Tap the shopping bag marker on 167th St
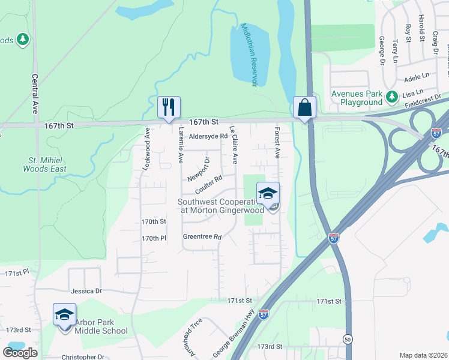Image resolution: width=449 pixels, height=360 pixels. pyautogui.click(x=305, y=107)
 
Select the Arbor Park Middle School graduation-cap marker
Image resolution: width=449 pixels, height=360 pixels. pyautogui.click(x=65, y=314)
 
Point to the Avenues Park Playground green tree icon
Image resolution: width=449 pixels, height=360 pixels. pyautogui.click(x=392, y=95)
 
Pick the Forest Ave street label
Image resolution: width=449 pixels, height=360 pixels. pyautogui.click(x=277, y=143)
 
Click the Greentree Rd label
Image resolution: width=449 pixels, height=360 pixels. pyautogui.click(x=202, y=237)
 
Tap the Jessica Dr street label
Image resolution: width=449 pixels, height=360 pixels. pyautogui.click(x=86, y=291)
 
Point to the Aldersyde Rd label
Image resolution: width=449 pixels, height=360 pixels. pyautogui.click(x=208, y=136)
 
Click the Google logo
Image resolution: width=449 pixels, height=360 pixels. pyautogui.click(x=20, y=352)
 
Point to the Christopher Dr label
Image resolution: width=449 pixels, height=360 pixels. pyautogui.click(x=83, y=357)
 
